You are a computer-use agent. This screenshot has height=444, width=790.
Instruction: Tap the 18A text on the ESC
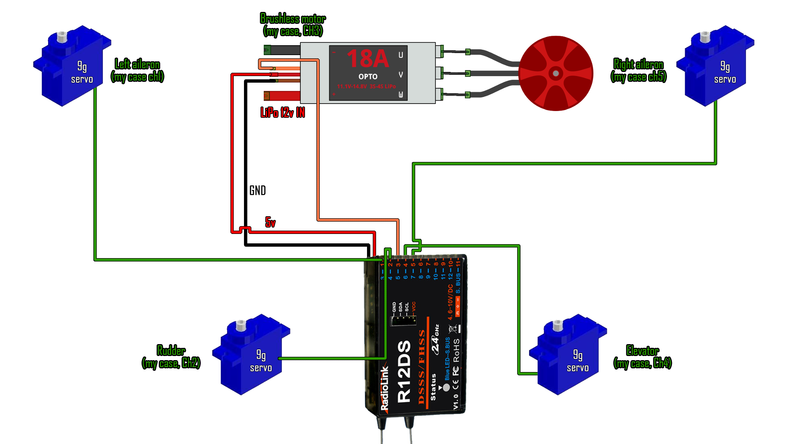coord(367,59)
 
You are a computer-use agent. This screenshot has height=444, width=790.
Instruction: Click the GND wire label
coord(258,190)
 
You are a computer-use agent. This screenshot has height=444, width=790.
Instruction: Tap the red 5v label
coord(270,222)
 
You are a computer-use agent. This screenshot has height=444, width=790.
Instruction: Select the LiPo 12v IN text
coord(283,112)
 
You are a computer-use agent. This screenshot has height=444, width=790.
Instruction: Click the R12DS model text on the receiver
coord(404,371)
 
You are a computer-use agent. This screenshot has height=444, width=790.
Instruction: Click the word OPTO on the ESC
coord(367,77)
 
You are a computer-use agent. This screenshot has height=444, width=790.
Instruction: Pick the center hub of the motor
coord(556,74)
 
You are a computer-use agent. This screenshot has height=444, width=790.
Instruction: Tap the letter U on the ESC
coord(401,55)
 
